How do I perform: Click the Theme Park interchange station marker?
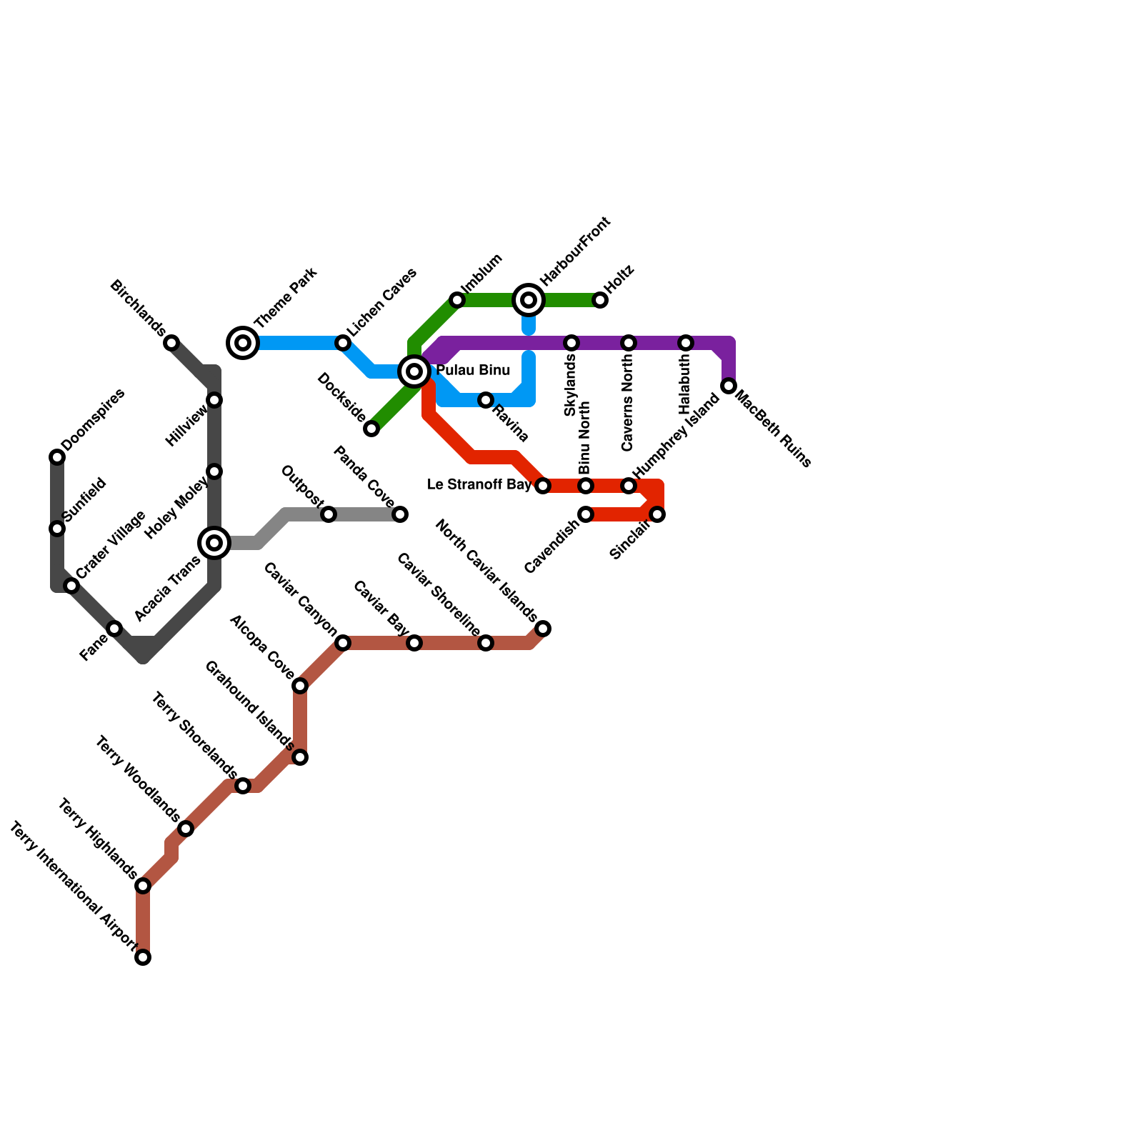tap(243, 343)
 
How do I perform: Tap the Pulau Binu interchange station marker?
tap(414, 371)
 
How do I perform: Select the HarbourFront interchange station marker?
tap(529, 300)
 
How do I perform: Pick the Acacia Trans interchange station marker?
tap(214, 543)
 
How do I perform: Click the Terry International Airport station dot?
tap(143, 957)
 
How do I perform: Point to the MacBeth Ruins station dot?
tap(729, 386)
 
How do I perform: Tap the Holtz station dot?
tap(600, 300)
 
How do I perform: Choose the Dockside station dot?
tap(371, 429)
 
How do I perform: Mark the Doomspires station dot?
tap(57, 457)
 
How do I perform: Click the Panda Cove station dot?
tap(400, 514)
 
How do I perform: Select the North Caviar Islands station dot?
tap(543, 629)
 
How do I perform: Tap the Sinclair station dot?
tap(657, 514)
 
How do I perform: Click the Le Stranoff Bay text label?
tap(479, 485)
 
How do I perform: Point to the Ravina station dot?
tap(486, 400)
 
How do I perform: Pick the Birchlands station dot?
tap(171, 343)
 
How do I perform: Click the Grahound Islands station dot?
tap(300, 757)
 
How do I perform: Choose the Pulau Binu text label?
tap(473, 371)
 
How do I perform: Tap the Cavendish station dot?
tap(586, 514)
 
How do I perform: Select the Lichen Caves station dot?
tap(343, 343)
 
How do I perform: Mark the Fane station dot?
tap(114, 629)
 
